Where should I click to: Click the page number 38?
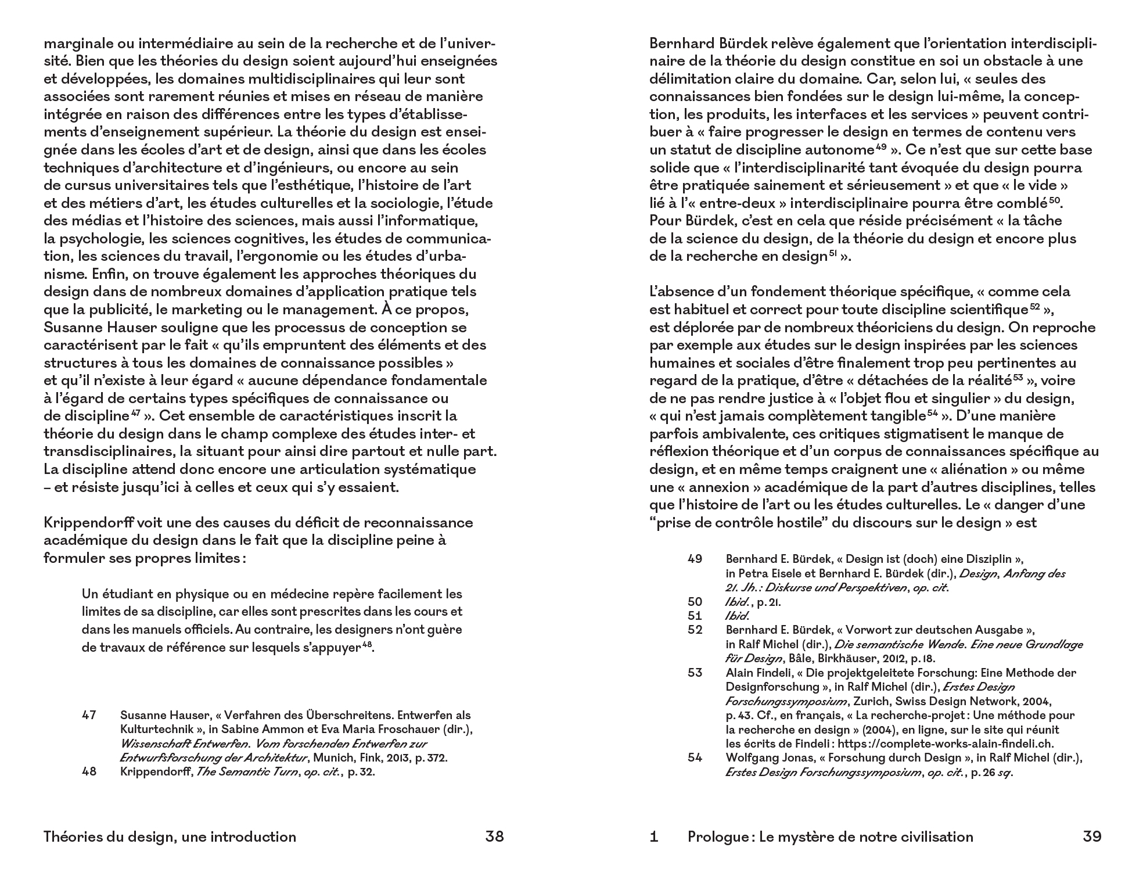[494, 836]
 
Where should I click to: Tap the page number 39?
[1092, 836]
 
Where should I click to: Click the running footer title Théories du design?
[170, 836]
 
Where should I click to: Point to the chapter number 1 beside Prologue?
[654, 836]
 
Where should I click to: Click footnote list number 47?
[89, 715]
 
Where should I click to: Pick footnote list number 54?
[695, 757]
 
